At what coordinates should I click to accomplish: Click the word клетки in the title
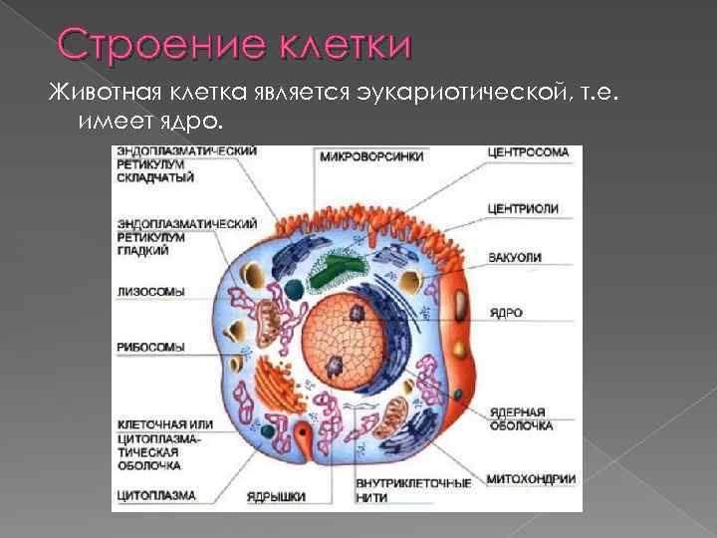(346, 45)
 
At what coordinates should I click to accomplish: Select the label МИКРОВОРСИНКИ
(371, 157)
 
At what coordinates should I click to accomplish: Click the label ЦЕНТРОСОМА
(528, 152)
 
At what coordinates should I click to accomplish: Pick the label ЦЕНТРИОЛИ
(523, 209)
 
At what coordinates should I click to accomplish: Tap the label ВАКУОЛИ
(515, 258)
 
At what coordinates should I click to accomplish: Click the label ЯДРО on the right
(506, 313)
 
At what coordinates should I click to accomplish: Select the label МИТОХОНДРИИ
(531, 479)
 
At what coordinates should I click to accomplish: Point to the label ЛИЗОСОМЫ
(151, 292)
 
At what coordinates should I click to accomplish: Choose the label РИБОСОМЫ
(151, 348)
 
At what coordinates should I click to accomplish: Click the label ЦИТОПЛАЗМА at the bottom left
(156, 495)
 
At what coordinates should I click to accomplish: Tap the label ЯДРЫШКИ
(276, 497)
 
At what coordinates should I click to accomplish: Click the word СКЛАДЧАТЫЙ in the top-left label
(155, 177)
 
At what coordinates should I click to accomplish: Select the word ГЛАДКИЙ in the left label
(143, 251)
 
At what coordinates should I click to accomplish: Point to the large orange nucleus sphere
(344, 342)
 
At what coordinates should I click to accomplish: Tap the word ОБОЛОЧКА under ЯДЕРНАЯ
(521, 426)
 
